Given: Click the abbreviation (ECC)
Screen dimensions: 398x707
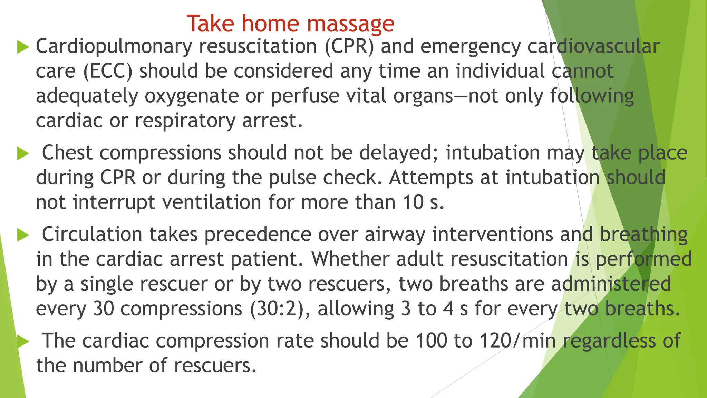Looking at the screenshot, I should pyautogui.click(x=108, y=71).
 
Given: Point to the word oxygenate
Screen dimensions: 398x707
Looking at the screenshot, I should pyautogui.click(x=192, y=96).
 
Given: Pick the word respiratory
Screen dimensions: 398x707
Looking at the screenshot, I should pyautogui.click(x=185, y=121).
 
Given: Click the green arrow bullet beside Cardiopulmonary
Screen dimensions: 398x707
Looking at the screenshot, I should pyautogui.click(x=23, y=47).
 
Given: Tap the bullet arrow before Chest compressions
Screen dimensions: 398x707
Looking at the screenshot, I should pyautogui.click(x=23, y=154).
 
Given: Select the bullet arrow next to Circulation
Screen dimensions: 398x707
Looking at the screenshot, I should pyautogui.click(x=23, y=235).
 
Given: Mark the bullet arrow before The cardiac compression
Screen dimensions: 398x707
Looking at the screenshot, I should pyautogui.click(x=23, y=341).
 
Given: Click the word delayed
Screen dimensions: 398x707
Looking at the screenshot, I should pyautogui.click(x=399, y=153).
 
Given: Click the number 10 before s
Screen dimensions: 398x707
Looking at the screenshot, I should pyautogui.click(x=413, y=202).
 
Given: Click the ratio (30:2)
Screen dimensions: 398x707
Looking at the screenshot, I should pyautogui.click(x=280, y=309).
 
